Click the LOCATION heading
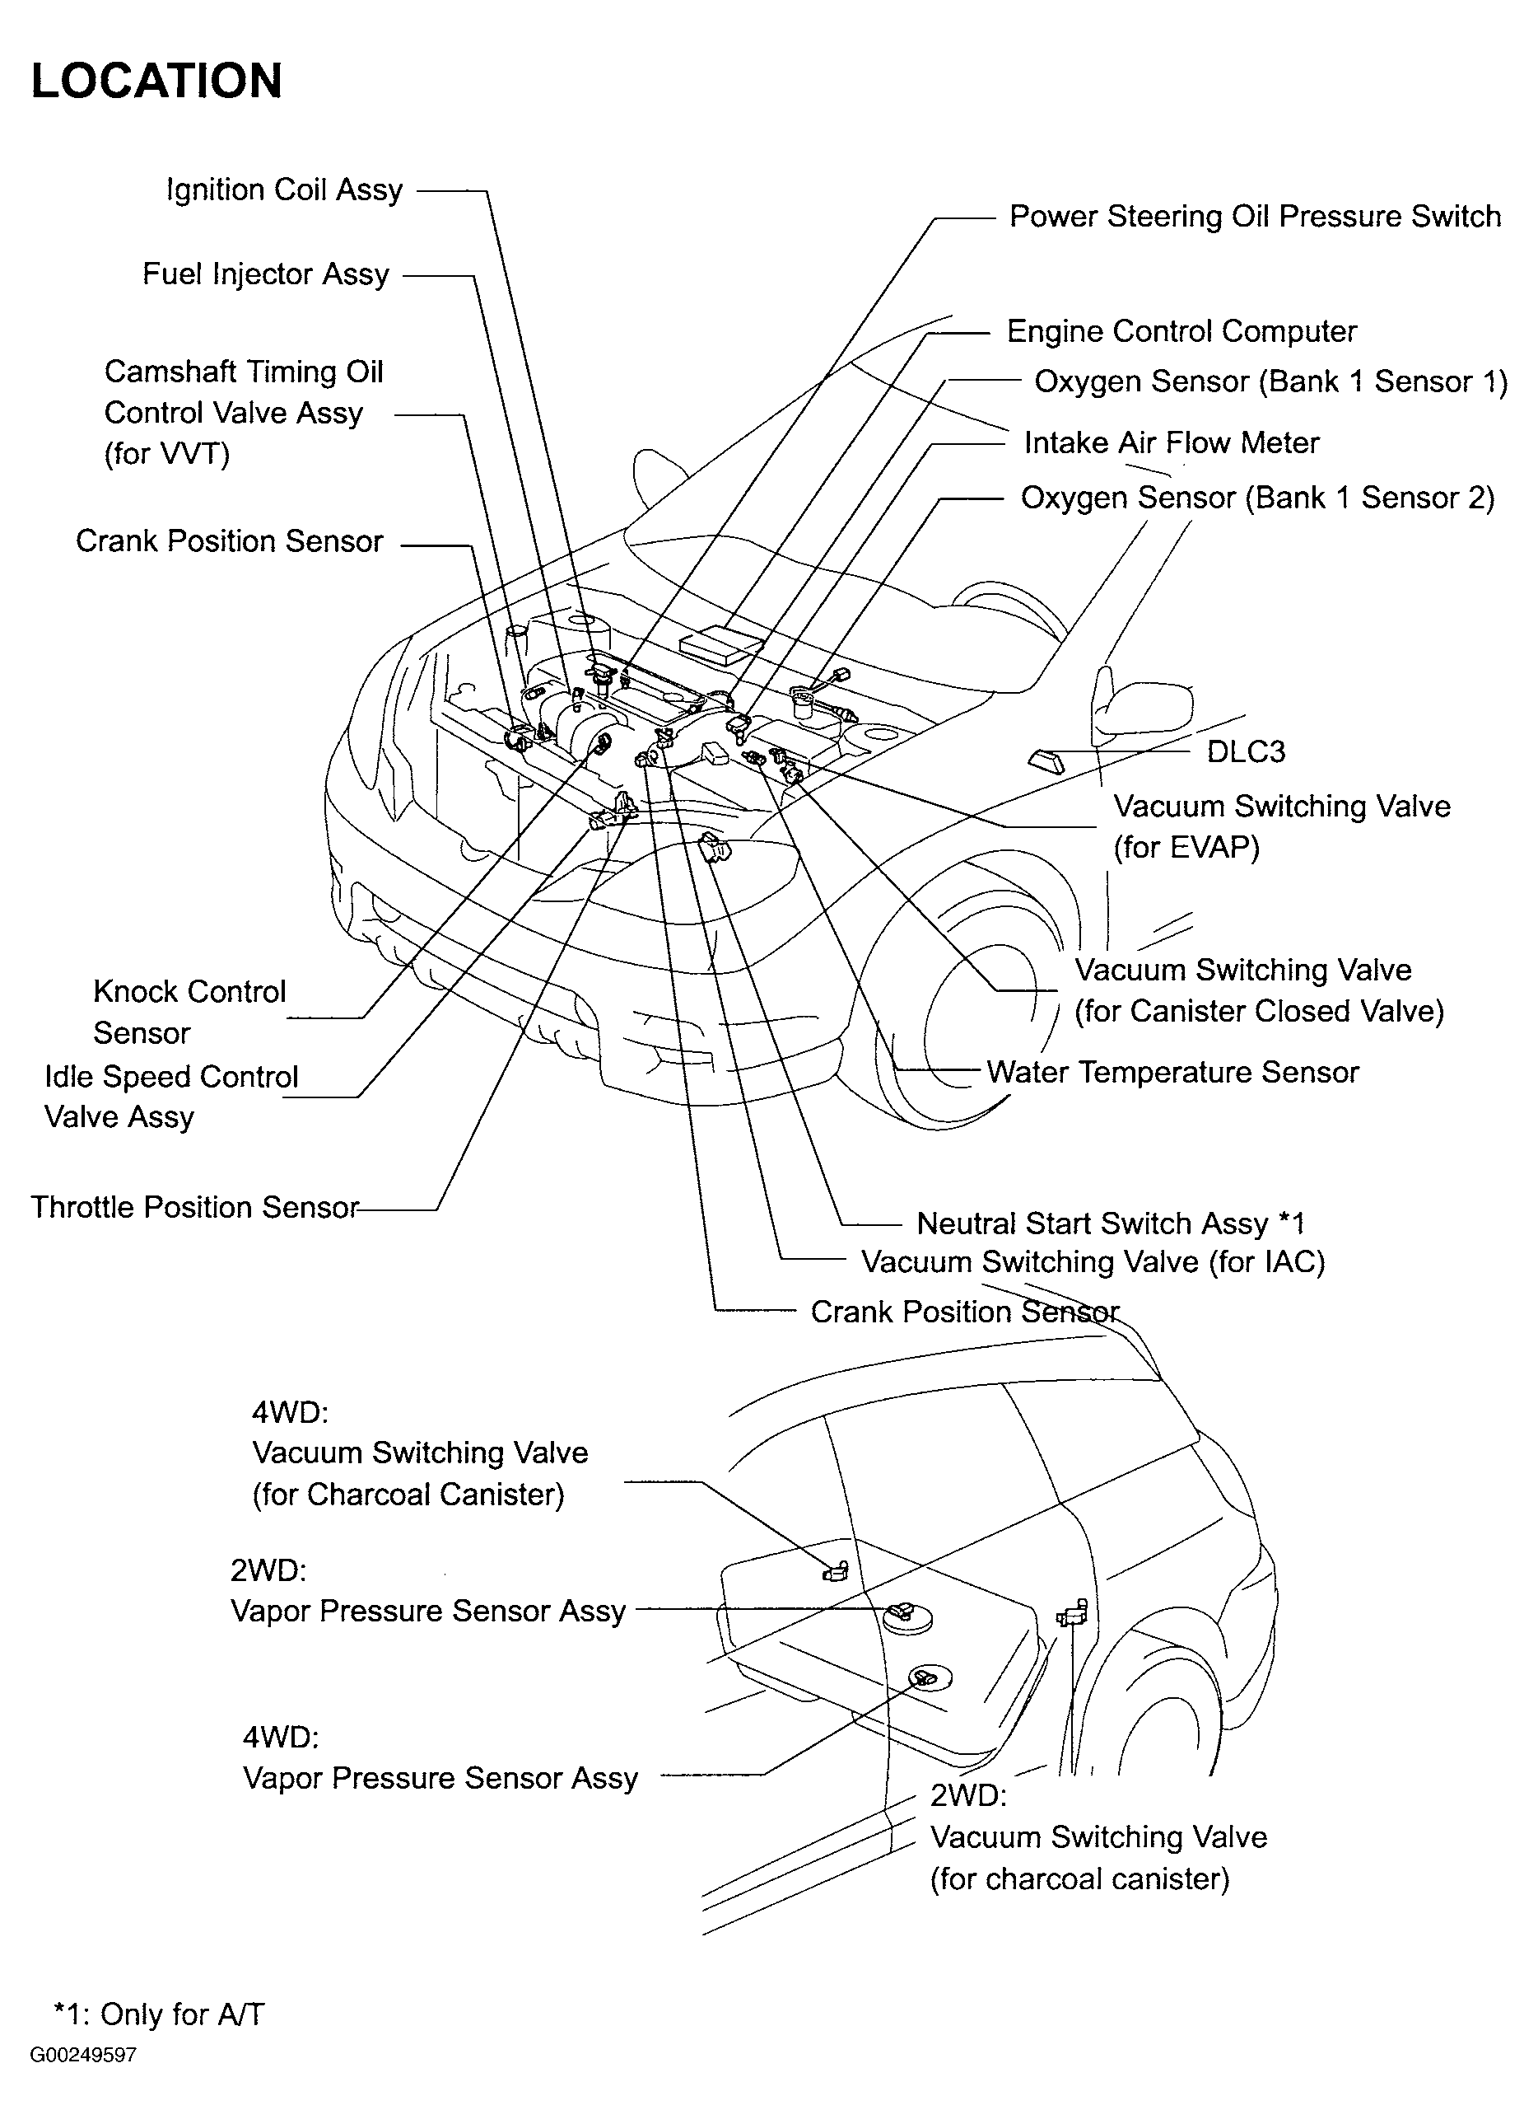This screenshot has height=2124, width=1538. (156, 82)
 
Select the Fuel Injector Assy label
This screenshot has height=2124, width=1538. (265, 274)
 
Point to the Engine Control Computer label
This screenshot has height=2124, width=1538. (1181, 331)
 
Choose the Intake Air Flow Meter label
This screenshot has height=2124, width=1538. (1170, 442)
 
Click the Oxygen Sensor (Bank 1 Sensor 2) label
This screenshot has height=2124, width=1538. (1256, 498)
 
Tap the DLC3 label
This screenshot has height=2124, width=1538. (1245, 751)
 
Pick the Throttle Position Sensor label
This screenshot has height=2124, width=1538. (194, 1207)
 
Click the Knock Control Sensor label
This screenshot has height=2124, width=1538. (189, 1013)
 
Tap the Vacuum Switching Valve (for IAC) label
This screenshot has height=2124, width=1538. (1093, 1261)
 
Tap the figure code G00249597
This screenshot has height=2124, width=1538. (83, 2056)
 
